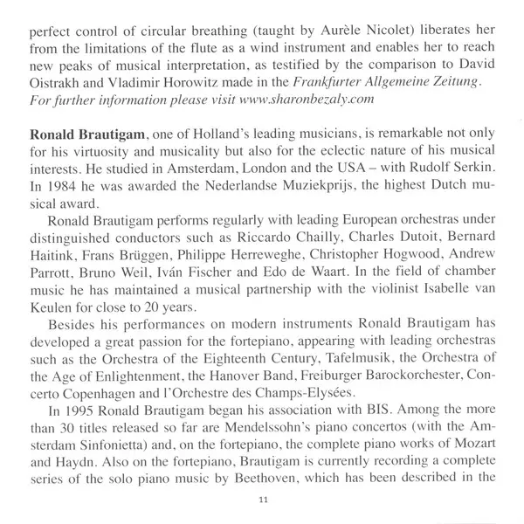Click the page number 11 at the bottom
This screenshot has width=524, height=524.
coord(262,500)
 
